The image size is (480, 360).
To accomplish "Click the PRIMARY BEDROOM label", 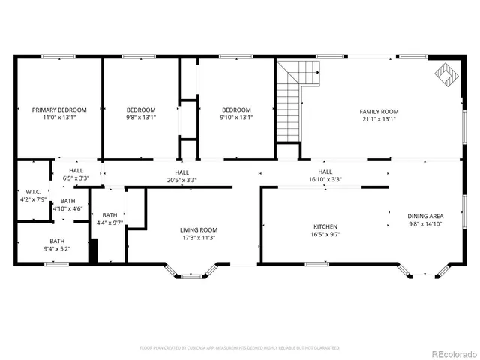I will pos(59,109).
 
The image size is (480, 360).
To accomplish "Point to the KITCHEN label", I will pos(325,226).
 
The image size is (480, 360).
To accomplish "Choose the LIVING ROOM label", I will pos(199,229).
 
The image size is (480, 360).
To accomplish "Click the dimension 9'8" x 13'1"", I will pos(141,118).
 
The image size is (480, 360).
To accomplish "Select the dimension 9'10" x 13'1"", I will pos(236,118).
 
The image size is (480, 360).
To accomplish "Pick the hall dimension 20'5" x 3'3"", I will pos(181,180).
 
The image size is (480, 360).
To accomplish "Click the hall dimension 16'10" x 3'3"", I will pos(325,180).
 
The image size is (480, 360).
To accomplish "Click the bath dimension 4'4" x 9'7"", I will pos(109,223).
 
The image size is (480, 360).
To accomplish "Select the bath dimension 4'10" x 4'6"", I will pos(67,208).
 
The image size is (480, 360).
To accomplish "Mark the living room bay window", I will pos(191,272).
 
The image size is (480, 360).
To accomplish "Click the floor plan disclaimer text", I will pos(239,347).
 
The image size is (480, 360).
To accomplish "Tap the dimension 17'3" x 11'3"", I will pos(199,238).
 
